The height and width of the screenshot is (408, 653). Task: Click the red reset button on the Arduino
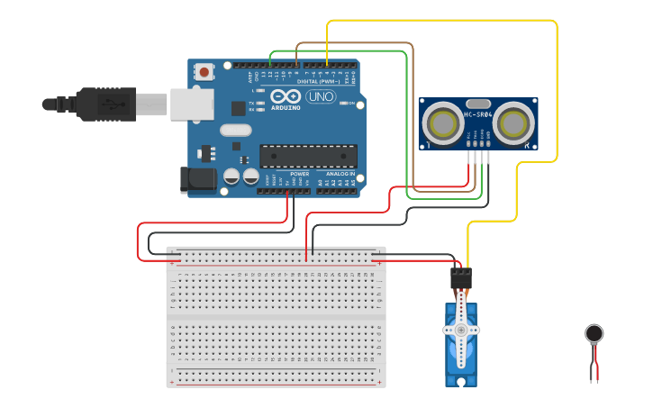[205, 71]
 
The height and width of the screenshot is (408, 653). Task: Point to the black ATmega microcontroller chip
[308, 156]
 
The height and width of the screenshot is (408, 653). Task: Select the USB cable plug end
[90, 104]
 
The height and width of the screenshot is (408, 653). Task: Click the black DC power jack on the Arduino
[198, 178]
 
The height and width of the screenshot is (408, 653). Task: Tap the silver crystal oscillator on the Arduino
[235, 130]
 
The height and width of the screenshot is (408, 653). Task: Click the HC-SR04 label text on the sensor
[478, 114]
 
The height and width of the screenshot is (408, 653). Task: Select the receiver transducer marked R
[514, 121]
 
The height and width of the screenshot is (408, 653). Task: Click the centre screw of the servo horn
[461, 330]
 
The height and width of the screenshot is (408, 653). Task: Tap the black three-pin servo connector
[461, 277]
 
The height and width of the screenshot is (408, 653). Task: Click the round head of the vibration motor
[594, 334]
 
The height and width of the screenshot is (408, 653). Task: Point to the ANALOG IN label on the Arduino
[340, 173]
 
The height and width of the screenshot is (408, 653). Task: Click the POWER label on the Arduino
[299, 173]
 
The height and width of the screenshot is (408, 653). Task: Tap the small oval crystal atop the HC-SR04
[478, 104]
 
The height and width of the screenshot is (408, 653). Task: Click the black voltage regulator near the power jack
[208, 152]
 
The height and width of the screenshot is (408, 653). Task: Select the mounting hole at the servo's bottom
[461, 382]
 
